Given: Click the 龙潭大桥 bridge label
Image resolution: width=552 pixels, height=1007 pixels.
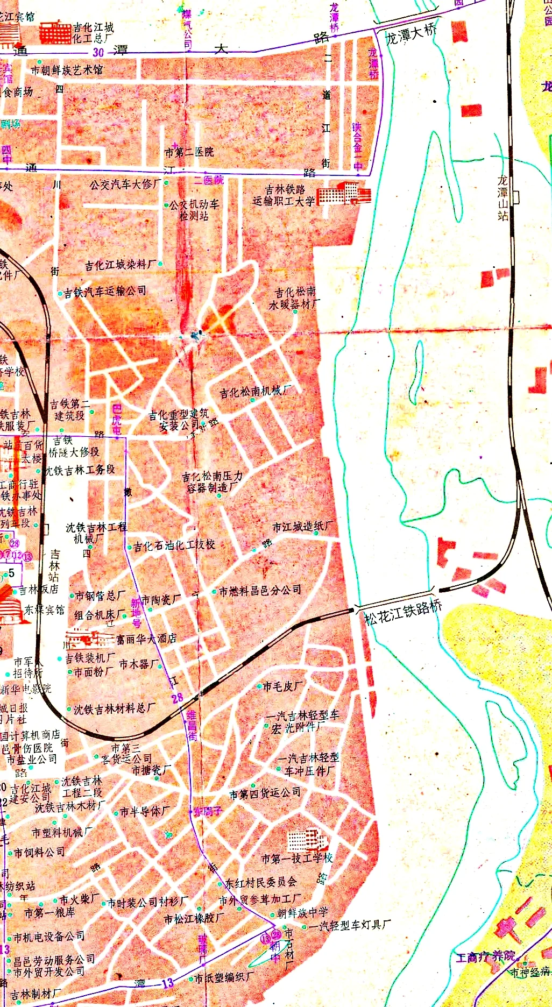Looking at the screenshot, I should (412, 33).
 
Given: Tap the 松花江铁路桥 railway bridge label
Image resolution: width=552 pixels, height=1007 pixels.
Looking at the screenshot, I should (403, 612).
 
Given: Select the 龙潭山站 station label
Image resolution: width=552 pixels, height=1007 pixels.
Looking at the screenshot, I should (503, 198).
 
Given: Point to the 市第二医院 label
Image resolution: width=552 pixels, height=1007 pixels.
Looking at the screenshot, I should (189, 152).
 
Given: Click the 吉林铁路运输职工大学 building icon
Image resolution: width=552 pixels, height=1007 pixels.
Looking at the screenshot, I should (343, 194).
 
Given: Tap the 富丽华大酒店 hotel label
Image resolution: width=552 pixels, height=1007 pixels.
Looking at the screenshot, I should (146, 639).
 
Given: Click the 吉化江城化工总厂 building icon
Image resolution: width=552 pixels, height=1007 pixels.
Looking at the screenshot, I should (55, 32).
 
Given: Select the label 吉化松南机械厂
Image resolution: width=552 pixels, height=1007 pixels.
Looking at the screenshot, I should (256, 392).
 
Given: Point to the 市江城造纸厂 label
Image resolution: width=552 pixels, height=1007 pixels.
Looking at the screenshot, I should (302, 527).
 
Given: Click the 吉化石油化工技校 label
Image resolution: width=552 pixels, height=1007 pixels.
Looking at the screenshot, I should (174, 545).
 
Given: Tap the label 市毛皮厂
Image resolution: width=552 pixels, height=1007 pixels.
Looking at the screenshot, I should (282, 686).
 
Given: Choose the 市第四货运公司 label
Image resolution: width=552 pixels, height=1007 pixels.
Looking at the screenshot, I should (265, 793).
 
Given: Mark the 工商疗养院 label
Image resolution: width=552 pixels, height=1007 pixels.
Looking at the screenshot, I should (485, 957).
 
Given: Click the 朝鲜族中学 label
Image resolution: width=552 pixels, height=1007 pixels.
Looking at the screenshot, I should (302, 913).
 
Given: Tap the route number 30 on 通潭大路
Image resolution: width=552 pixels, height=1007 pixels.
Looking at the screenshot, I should (98, 52).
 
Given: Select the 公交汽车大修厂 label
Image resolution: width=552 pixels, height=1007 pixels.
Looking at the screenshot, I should (125, 185).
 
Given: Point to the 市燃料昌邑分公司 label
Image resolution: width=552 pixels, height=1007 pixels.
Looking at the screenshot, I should (260, 591).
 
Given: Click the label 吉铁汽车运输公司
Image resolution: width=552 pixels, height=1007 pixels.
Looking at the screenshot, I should (105, 292).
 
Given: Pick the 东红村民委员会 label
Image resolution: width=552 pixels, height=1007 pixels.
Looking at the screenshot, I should (261, 882).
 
